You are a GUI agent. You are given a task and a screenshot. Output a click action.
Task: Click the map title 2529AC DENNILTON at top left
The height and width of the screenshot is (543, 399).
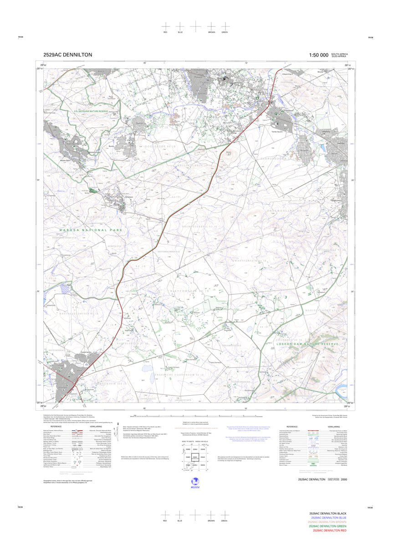pos(67,55)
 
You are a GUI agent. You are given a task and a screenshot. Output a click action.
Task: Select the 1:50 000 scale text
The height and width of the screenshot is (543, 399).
pos(318,55)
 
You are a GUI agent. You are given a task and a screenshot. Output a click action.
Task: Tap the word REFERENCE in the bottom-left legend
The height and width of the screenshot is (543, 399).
pos(56,427)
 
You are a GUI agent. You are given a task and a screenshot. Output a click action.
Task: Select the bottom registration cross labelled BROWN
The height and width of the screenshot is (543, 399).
pos(211,514)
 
